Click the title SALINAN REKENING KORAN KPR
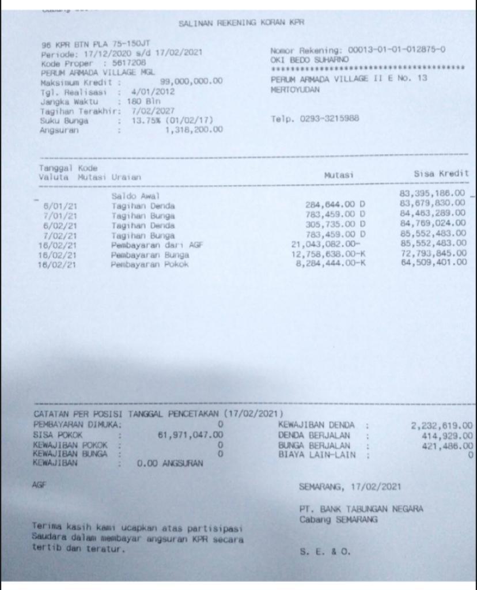[x=241, y=24]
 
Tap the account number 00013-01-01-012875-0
[x=396, y=49]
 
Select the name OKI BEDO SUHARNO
[x=309, y=59]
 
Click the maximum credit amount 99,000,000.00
[x=191, y=82]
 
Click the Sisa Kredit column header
[x=441, y=173]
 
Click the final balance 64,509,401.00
[x=433, y=263]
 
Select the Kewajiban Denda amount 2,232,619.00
[x=441, y=425]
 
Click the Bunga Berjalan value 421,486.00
[x=448, y=445]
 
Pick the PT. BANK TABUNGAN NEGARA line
[x=361, y=509]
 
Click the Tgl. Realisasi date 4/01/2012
[x=153, y=92]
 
